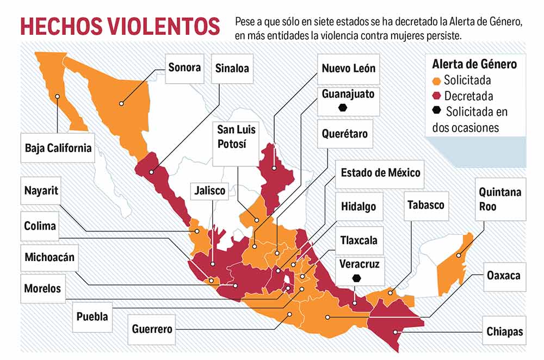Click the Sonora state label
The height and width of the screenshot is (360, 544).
click(x=184, y=69)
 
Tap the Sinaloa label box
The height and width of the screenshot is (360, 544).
click(x=232, y=69)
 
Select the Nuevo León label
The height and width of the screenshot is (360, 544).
click(x=348, y=69)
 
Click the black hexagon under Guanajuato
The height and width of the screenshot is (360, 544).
click(x=343, y=107)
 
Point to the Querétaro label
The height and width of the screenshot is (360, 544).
click(x=344, y=134)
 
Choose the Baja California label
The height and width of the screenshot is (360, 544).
click(x=58, y=148)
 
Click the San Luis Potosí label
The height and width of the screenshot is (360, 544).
click(x=237, y=137)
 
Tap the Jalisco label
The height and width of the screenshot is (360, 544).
click(x=210, y=191)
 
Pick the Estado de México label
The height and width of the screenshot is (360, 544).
click(x=380, y=173)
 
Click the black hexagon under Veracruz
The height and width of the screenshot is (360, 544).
click(x=356, y=278)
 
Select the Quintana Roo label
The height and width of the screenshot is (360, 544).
click(x=499, y=199)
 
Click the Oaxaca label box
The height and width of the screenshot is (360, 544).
click(x=504, y=276)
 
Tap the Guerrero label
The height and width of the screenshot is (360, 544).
click(x=152, y=329)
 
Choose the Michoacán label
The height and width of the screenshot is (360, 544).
click(x=50, y=257)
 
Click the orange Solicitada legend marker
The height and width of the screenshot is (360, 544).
click(x=436, y=81)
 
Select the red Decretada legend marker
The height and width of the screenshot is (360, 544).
click(x=436, y=97)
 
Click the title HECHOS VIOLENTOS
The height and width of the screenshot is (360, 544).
click(x=120, y=26)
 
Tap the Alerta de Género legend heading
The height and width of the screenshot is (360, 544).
click(x=474, y=65)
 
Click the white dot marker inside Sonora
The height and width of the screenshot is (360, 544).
click(x=121, y=102)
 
